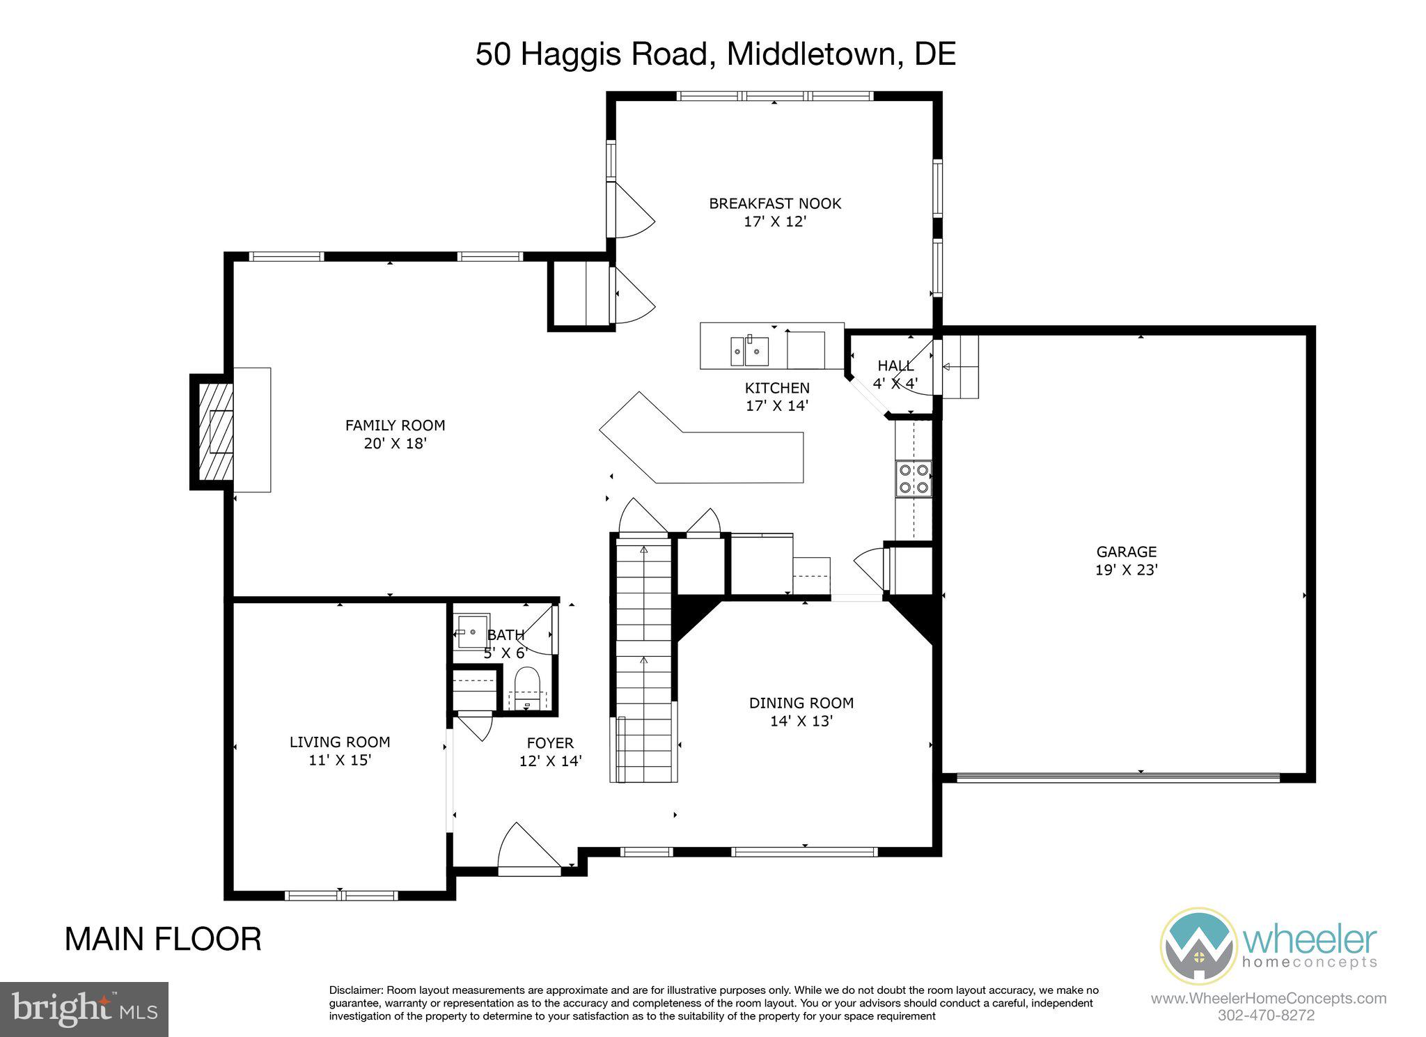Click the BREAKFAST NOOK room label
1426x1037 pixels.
(774, 203)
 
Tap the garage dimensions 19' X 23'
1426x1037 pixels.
(1126, 570)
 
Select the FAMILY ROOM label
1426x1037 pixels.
(395, 425)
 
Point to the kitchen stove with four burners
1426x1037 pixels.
(914, 478)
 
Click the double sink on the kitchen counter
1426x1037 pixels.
(749, 351)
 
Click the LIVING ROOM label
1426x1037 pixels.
(340, 742)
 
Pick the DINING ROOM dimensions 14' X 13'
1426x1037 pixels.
(801, 721)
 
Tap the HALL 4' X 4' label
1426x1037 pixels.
(895, 374)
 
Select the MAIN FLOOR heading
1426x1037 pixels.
(163, 939)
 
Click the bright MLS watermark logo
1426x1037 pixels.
(84, 1008)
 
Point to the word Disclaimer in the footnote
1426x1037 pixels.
(355, 990)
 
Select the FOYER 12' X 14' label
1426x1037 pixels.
(550, 752)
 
